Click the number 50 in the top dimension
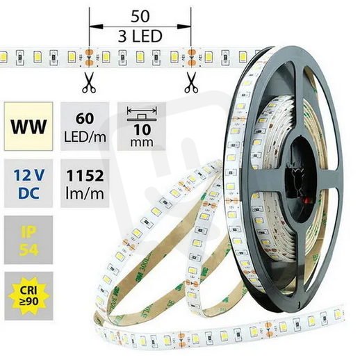pos(140,17)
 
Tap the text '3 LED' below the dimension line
pos(140,36)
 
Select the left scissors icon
pos(89,83)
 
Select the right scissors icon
pos(191,83)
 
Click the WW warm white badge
pos(28,126)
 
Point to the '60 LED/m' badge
pos(85,126)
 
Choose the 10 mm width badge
pos(142,126)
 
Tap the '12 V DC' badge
pos(28,183)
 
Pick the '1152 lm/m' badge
pos(85,183)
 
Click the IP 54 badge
pos(28,240)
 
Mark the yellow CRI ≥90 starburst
pos(28,296)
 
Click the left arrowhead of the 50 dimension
pos(96,26)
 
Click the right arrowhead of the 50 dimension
pos(184,26)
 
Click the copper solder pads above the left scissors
pos(89,57)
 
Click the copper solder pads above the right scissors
pos(191,57)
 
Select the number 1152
pos(85,176)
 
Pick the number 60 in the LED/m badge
pos(85,118)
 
